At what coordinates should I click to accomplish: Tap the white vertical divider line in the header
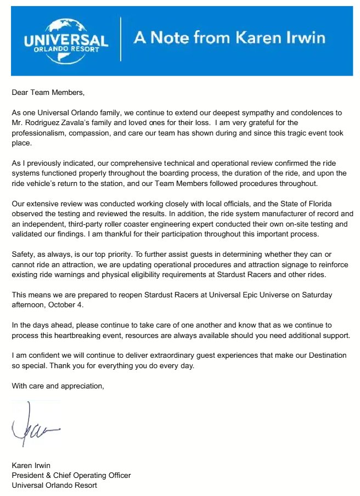(x=121, y=39)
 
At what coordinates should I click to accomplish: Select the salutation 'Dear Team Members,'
(x=49, y=93)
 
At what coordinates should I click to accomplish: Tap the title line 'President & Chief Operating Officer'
(x=71, y=475)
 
